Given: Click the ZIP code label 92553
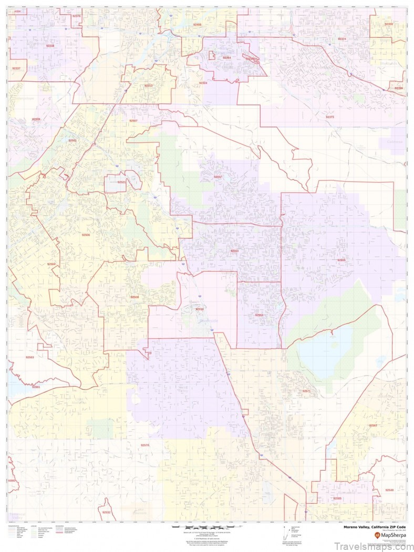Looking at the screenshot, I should point(234,251).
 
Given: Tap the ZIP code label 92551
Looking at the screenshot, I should point(259,315).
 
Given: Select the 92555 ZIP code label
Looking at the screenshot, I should point(341,260).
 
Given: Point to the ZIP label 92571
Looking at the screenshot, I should point(306,391).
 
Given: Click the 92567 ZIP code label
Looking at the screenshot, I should point(373,425).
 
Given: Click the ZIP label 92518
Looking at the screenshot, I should point(200,309).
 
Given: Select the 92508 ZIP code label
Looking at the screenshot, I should point(134,297).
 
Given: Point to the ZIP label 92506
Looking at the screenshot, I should point(86,235).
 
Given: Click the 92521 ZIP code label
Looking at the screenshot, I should point(121,182).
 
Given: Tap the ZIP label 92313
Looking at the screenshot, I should point(149,86).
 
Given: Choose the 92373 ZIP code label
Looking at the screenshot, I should point(330,117).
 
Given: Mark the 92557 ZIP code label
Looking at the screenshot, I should point(218,177).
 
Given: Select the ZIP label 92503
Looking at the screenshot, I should point(30,357).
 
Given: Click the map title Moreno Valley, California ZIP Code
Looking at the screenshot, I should point(374,527).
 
